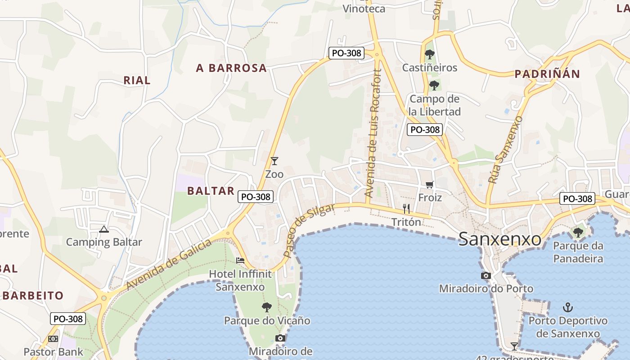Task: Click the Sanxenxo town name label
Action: tap(499, 239)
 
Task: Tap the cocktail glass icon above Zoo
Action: tap(274, 161)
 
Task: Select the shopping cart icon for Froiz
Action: tap(430, 185)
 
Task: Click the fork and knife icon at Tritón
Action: tap(406, 208)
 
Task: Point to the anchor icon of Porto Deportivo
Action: tap(568, 308)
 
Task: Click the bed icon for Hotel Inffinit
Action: tap(240, 260)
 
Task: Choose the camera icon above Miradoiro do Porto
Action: tap(486, 275)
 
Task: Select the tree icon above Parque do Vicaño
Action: tap(267, 307)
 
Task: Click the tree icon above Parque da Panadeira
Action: tap(578, 233)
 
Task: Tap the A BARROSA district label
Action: tap(231, 68)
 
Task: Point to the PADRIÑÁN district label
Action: tap(547, 74)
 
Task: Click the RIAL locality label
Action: tap(137, 80)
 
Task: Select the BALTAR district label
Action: tap(211, 191)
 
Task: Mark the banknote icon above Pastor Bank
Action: tap(53, 339)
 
